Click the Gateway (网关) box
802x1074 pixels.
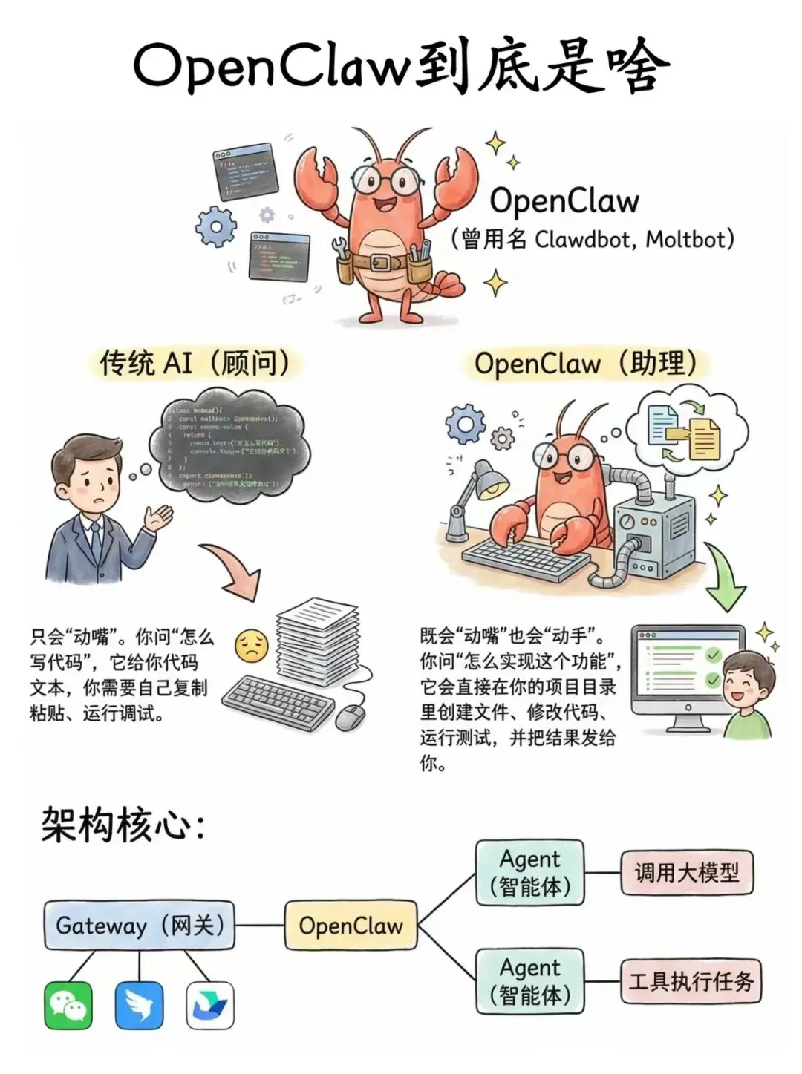[139, 926]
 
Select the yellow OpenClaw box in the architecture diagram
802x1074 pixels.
[351, 926]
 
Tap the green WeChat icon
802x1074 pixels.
[68, 1006]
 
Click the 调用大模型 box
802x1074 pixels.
[687, 872]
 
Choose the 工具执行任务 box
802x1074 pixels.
[691, 981]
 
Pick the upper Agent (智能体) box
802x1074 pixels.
[529, 872]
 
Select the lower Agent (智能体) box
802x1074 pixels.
[529, 980]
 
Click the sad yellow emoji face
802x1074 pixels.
[251, 646]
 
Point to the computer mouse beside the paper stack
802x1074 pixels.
[350, 717]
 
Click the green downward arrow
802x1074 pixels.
[724, 579]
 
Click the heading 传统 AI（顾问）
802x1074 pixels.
[195, 364]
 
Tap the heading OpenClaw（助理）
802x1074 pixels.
[587, 364]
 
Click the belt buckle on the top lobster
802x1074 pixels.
[381, 262]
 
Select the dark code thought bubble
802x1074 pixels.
[226, 445]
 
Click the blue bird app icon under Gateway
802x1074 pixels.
[139, 1006]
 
